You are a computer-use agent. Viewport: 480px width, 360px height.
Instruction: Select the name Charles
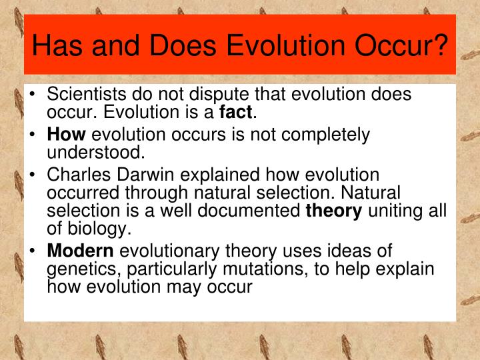point(75,175)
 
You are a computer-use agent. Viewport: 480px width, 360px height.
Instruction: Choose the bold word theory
point(333,212)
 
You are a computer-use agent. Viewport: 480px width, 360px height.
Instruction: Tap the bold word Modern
point(81,252)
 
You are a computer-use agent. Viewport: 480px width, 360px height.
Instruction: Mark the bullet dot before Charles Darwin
point(33,176)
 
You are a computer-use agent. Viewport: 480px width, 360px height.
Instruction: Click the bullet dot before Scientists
point(33,96)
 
